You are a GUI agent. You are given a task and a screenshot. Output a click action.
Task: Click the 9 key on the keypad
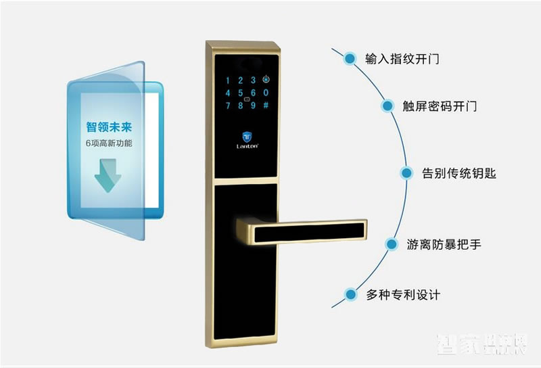click(254, 105)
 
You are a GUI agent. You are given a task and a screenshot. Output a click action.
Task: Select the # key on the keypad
click(266, 105)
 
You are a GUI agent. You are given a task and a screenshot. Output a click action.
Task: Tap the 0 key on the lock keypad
click(266, 93)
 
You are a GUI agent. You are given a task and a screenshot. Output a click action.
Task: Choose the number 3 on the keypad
click(254, 80)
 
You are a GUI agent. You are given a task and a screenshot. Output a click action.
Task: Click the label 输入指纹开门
click(402, 59)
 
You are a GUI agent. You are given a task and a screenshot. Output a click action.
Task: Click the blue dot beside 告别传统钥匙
click(406, 173)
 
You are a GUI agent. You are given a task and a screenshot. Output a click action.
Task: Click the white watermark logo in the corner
click(481, 345)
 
